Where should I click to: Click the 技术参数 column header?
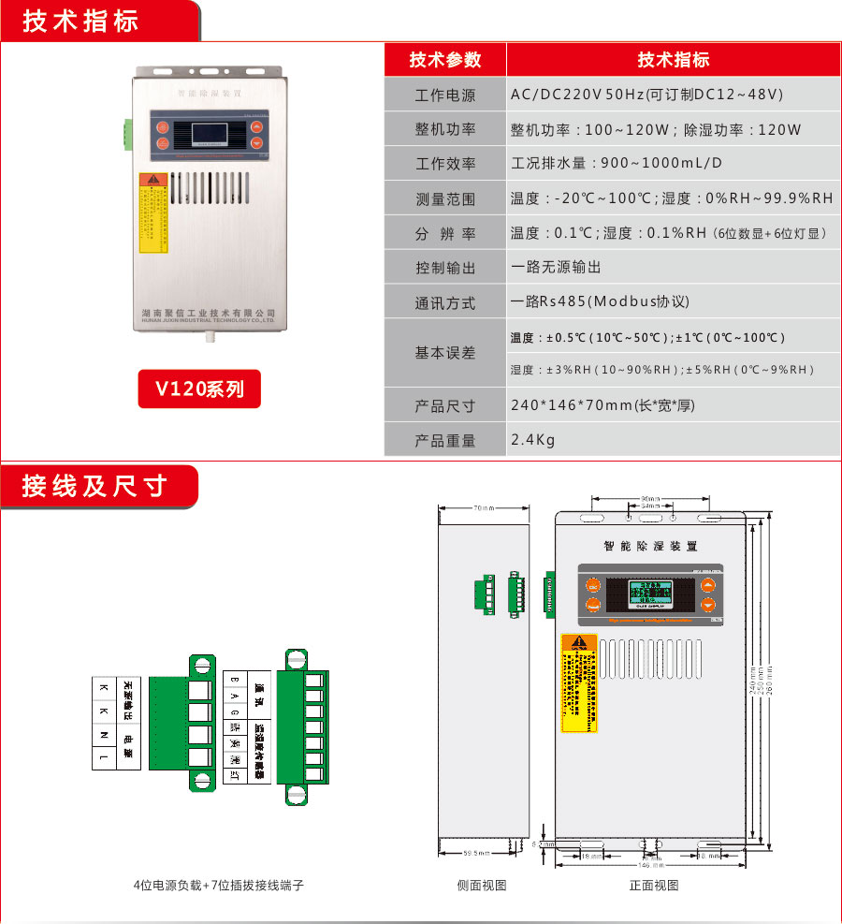[x=445, y=60]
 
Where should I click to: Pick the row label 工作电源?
[x=445, y=95]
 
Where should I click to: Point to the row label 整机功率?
[x=445, y=130]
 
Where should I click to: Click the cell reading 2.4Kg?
[x=533, y=440]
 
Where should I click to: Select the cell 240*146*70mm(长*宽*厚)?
[x=602, y=405]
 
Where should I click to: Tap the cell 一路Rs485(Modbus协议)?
[x=600, y=302]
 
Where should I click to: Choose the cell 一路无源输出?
[x=556, y=268]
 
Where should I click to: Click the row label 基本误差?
[x=445, y=353]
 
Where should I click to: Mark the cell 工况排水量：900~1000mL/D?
[x=617, y=164]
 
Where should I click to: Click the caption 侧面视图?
[x=482, y=886]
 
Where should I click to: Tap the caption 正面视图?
[x=654, y=886]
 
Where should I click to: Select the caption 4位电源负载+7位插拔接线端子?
[x=218, y=886]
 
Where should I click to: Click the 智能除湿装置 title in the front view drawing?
[x=651, y=546]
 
